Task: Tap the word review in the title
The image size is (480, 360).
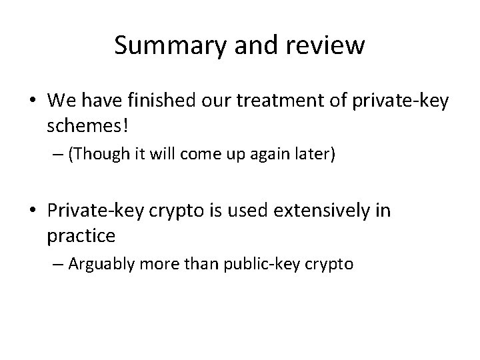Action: click(x=330, y=45)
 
